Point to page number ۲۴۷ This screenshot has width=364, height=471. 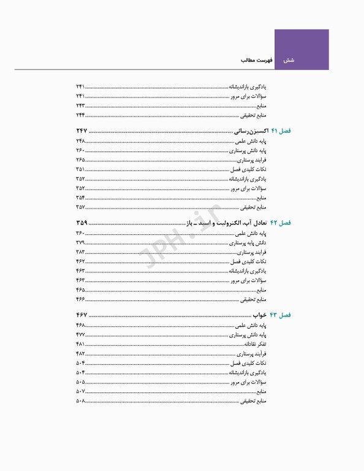pyautogui.click(x=82, y=132)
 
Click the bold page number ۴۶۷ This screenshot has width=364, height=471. pyautogui.click(x=82, y=315)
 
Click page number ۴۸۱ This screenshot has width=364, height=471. pyautogui.click(x=80, y=344)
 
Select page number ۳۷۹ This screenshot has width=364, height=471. pyautogui.click(x=80, y=243)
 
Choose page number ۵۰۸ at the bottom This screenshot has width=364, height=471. pyautogui.click(x=80, y=401)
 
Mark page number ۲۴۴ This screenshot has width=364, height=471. pyautogui.click(x=80, y=115)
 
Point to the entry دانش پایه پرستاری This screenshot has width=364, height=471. pyautogui.click(x=251, y=243)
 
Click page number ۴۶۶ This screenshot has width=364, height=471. pyautogui.click(x=80, y=299)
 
